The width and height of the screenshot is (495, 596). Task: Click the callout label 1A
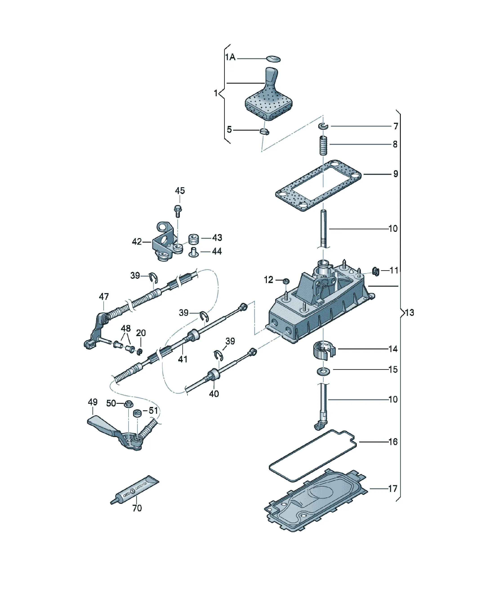[x=230, y=57]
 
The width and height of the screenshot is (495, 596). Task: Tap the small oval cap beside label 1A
[x=273, y=59]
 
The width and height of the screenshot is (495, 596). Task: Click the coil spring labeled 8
[x=323, y=145]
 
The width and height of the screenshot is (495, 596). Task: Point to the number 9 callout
[x=395, y=174]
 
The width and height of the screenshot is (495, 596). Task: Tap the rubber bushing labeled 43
[x=194, y=239]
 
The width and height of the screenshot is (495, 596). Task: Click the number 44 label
[x=217, y=251]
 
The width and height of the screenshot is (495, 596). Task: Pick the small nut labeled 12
[x=286, y=281]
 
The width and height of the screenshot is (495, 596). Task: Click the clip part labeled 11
[x=376, y=272]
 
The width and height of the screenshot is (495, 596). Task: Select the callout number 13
[x=410, y=313]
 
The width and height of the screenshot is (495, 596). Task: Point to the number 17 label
[x=393, y=489]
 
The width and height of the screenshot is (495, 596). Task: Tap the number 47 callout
[x=104, y=297]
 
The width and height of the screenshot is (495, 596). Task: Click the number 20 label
[x=141, y=333]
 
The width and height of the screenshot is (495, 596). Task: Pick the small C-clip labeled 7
[x=323, y=126]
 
